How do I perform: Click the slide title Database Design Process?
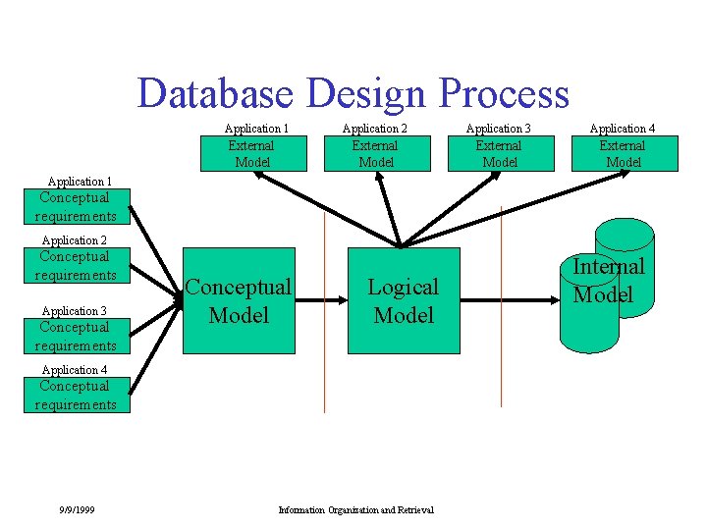(353, 93)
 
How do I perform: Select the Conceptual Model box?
(239, 300)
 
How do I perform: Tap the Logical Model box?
(403, 300)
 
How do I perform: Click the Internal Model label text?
(609, 280)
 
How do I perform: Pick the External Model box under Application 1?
(251, 154)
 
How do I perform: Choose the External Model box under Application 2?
(376, 154)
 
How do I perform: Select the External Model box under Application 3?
(500, 154)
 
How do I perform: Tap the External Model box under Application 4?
(625, 154)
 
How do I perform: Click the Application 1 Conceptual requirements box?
(77, 207)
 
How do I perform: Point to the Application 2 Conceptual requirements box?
(77, 266)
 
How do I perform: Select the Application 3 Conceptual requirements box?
(77, 337)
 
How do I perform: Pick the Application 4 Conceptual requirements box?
(77, 396)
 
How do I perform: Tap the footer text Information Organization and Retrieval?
(355, 509)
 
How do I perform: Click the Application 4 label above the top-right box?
(623, 129)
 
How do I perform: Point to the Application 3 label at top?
(498, 129)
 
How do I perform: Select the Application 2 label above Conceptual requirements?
(74, 240)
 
